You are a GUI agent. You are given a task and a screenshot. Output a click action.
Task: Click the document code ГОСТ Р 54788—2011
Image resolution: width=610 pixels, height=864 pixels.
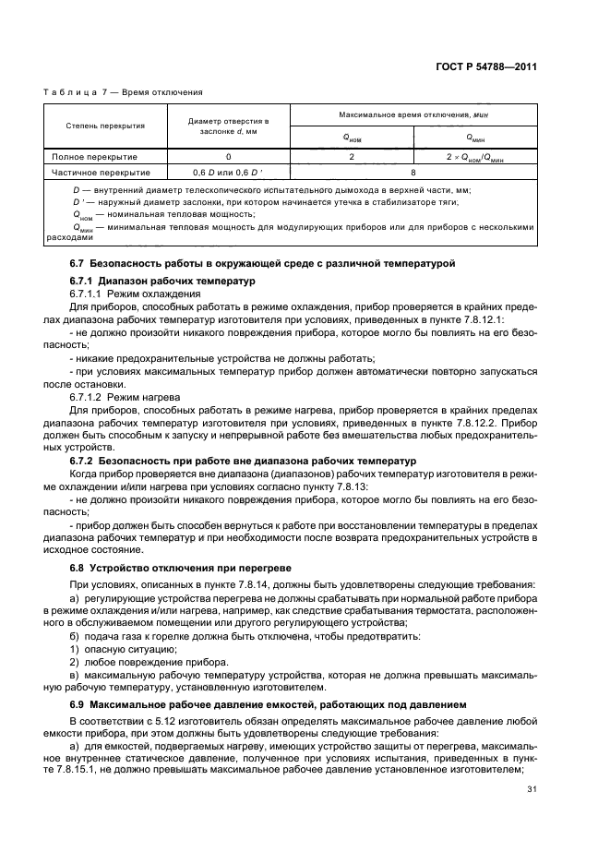click(x=487, y=66)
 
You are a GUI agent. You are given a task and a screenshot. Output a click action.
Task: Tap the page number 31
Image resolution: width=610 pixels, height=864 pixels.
click(x=531, y=788)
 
